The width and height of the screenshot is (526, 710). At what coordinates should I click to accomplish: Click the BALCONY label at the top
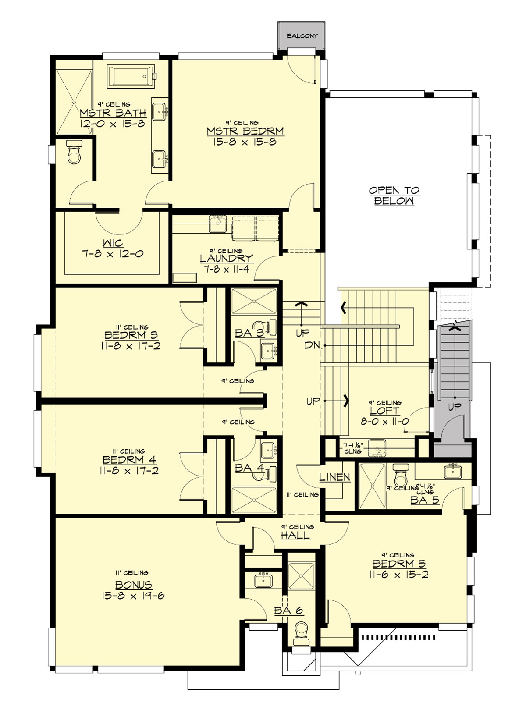tap(302, 36)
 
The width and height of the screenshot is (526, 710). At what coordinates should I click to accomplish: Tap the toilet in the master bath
tap(75, 153)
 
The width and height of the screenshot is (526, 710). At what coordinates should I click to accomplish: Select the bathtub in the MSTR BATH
tap(131, 76)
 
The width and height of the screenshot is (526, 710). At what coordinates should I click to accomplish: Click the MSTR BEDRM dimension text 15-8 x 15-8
tap(245, 142)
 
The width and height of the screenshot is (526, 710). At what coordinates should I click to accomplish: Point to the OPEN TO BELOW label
tap(394, 195)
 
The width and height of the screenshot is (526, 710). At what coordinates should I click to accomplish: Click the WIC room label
tap(113, 243)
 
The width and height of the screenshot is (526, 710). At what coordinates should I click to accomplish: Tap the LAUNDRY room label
tap(226, 259)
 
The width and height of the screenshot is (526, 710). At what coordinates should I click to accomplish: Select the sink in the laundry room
tap(217, 224)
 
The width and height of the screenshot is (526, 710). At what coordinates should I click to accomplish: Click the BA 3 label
tap(249, 333)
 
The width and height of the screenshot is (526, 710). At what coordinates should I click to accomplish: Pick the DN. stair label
tap(313, 345)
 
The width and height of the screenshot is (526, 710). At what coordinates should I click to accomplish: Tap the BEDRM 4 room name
tap(129, 460)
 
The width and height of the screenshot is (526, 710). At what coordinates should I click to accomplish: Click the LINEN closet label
tap(334, 477)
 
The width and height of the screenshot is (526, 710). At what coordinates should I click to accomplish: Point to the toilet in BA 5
tap(400, 473)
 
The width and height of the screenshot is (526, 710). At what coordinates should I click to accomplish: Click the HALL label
tap(295, 535)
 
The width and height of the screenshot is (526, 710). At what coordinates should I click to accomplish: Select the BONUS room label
tap(134, 585)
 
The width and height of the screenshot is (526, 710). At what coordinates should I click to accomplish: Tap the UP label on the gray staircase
tap(455, 407)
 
